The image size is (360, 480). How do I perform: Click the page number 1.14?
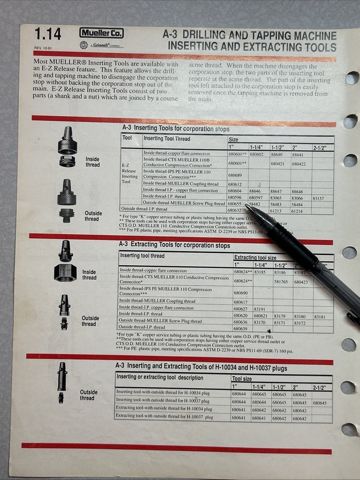tap(48, 34)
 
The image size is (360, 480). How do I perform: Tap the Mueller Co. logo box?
tap(101, 33)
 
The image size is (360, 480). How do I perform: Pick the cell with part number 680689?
tap(235, 175)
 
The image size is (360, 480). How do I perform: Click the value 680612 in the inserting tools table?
tap(235, 184)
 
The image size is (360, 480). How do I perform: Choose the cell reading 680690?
tap(240, 292)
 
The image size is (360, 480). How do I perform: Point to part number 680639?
tap(240, 328)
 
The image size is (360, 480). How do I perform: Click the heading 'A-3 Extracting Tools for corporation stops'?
tap(174, 245)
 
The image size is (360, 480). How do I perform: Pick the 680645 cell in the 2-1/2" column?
tap(322, 403)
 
